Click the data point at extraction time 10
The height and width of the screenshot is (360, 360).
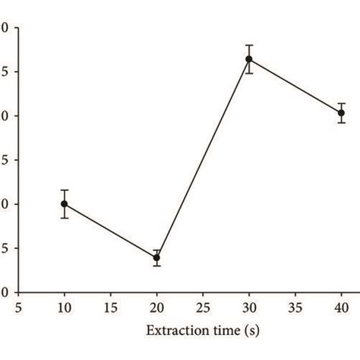point(64,204)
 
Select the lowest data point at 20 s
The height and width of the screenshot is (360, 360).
point(156,257)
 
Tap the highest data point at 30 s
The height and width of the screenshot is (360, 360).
point(248,58)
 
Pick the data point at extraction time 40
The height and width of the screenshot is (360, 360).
point(341,112)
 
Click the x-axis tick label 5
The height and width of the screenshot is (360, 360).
point(18,308)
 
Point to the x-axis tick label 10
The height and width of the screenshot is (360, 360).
point(64,308)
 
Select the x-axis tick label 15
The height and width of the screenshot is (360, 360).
point(110,308)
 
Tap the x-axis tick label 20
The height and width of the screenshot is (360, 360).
point(156,308)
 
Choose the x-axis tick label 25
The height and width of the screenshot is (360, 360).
point(203,308)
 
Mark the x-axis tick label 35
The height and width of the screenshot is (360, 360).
point(295,308)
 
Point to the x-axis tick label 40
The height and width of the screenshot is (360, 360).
point(341,308)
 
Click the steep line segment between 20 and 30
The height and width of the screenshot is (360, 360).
point(203,158)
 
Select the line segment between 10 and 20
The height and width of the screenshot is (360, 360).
point(110,231)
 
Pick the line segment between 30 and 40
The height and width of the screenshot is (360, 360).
point(295,86)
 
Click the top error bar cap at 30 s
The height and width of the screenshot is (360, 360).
point(248,45)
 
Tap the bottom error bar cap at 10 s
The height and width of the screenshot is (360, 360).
point(64,218)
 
